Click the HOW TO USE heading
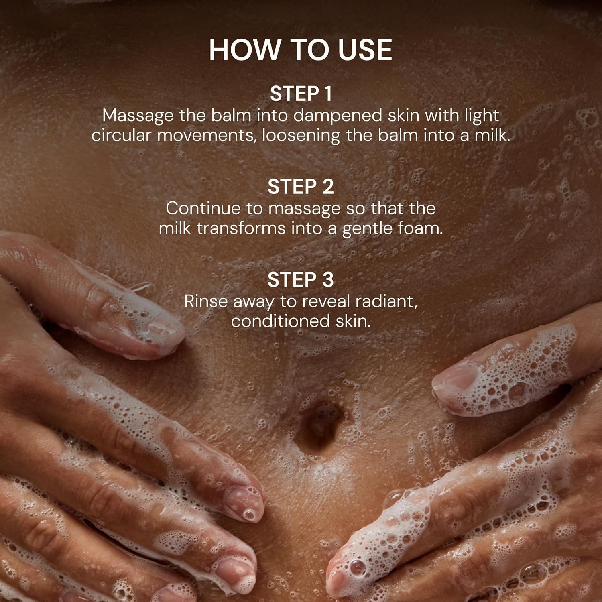point(301,50)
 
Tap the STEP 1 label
point(301,94)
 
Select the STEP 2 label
point(301,187)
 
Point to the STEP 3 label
point(301,280)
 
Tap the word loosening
point(301,136)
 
